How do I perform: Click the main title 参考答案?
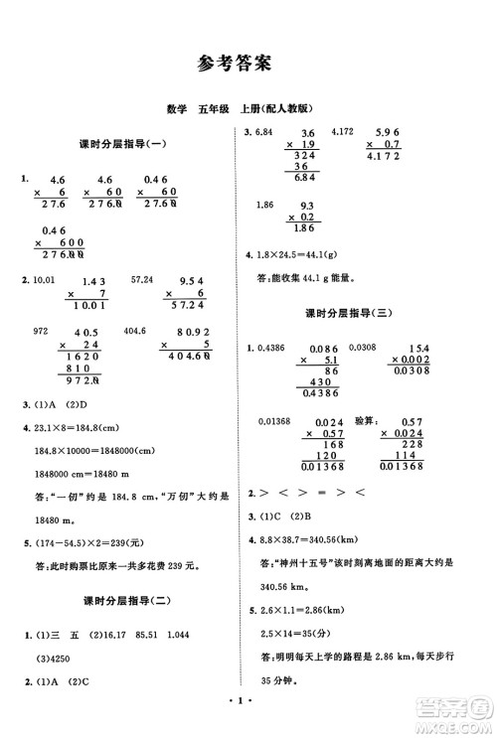tap(248, 65)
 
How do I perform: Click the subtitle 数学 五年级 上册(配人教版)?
tap(248, 108)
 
